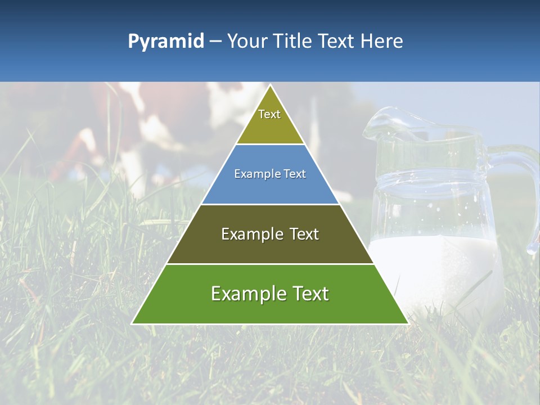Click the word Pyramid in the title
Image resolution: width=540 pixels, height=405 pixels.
pos(165,42)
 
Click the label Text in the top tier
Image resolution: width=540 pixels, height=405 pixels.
pos(269,114)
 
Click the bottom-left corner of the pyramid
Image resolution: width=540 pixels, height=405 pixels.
pos(133,323)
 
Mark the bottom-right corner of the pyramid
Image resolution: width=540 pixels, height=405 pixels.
pos(408,323)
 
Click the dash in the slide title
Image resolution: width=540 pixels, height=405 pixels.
pos(215,42)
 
